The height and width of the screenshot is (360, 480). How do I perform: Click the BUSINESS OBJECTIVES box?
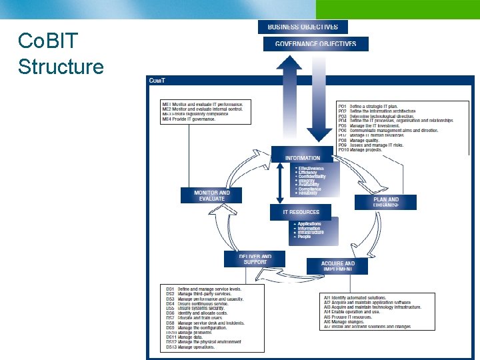[x=303, y=27]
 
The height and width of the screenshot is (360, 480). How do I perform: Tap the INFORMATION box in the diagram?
[x=302, y=157]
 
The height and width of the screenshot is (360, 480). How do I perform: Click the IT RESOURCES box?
[x=301, y=212]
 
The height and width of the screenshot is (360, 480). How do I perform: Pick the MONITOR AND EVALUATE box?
[x=211, y=195]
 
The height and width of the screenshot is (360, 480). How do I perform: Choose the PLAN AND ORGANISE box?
[x=385, y=202]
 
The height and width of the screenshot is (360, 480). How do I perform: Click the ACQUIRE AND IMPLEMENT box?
[x=337, y=266]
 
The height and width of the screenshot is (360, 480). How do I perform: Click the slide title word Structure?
[x=61, y=67]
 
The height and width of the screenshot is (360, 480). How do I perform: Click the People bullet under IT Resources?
[x=304, y=237]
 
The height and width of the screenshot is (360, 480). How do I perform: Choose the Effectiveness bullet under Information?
[x=311, y=168]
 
